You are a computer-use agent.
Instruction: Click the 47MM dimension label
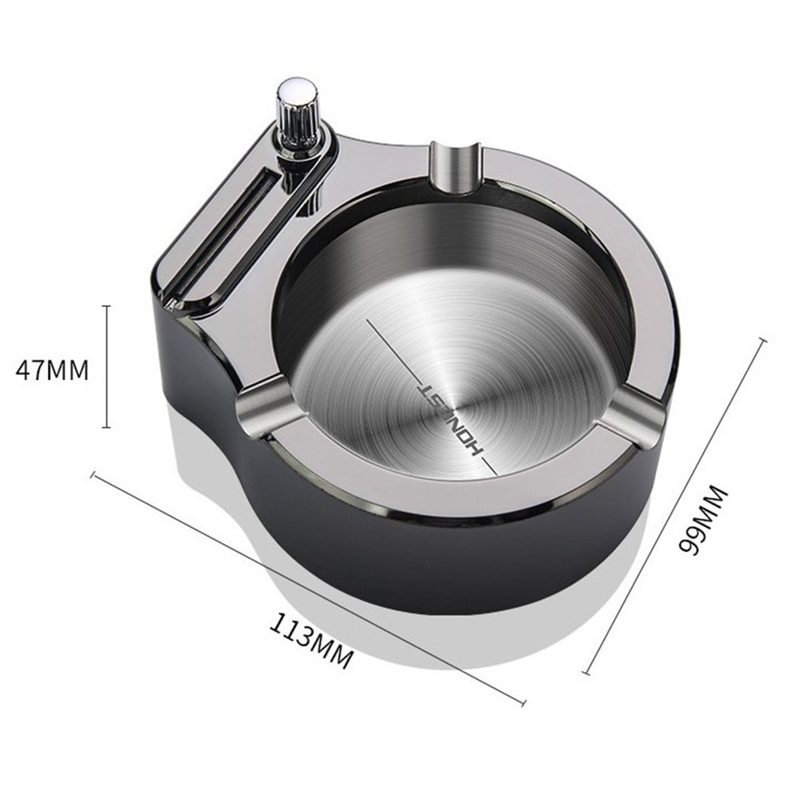tap(52, 370)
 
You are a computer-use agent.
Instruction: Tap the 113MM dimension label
tap(311, 642)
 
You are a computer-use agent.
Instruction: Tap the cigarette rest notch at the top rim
tap(455, 167)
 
